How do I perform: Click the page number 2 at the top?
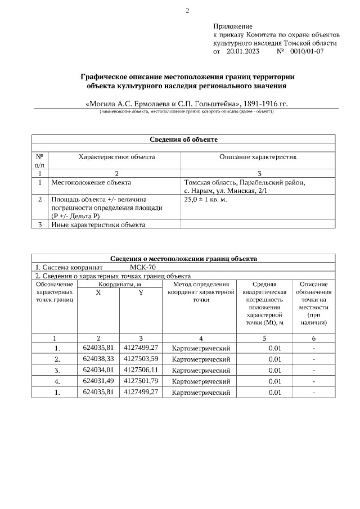(187, 10)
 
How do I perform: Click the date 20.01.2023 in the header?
(243, 51)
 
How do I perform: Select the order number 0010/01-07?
(307, 51)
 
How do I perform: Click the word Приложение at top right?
(233, 26)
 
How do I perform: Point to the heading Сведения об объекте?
(183, 139)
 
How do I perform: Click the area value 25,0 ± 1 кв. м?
(206, 200)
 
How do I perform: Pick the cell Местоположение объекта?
(91, 183)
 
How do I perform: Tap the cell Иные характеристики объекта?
(98, 225)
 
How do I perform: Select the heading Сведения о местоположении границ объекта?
(183, 259)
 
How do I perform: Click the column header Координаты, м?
(120, 285)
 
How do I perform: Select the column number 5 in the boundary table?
(264, 339)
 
